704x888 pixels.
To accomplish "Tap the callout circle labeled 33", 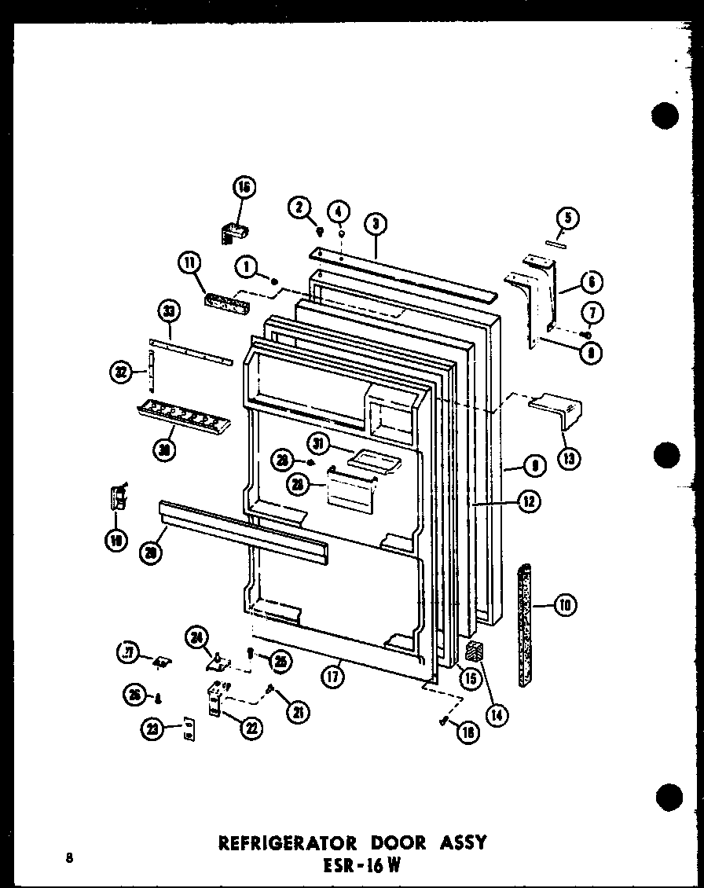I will tap(170, 313).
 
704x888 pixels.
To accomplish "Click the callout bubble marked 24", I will tap(198, 637).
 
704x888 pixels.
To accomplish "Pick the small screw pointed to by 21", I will tap(270, 689).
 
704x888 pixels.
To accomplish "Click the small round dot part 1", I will tap(274, 281).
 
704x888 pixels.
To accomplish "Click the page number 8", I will tap(70, 857).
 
